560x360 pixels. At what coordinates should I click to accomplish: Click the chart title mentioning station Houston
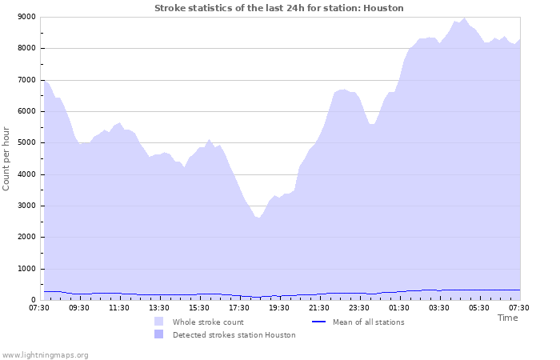tap(278, 8)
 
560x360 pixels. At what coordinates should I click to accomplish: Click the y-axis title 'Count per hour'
tap(7, 158)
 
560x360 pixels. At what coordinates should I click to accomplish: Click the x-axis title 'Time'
tap(507, 318)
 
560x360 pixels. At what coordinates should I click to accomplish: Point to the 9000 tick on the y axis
tap(26, 17)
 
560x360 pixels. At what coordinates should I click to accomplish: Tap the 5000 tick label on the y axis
tap(26, 143)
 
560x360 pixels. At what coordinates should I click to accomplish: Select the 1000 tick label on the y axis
tap(26, 269)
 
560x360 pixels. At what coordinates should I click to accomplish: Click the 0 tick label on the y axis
tap(33, 300)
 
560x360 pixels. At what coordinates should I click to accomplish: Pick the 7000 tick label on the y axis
tap(26, 80)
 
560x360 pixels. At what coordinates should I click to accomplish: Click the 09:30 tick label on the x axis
tap(79, 308)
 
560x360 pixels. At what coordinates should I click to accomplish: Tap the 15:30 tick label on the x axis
tap(199, 308)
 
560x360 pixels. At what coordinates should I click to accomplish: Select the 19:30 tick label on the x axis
tap(279, 308)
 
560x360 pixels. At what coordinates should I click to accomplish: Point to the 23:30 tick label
tap(359, 308)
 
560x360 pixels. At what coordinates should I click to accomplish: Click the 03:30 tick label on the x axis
tap(439, 308)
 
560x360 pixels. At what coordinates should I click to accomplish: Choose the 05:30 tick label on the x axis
tap(479, 308)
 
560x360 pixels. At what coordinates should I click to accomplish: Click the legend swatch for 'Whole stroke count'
tap(159, 322)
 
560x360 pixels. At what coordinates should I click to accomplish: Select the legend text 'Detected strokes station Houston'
tap(234, 335)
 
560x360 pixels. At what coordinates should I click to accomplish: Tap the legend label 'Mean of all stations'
tap(368, 322)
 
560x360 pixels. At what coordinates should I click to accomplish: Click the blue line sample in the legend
tap(318, 322)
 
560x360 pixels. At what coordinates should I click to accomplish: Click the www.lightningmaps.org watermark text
tap(45, 354)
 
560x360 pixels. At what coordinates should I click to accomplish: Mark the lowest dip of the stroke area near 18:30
tap(258, 218)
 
